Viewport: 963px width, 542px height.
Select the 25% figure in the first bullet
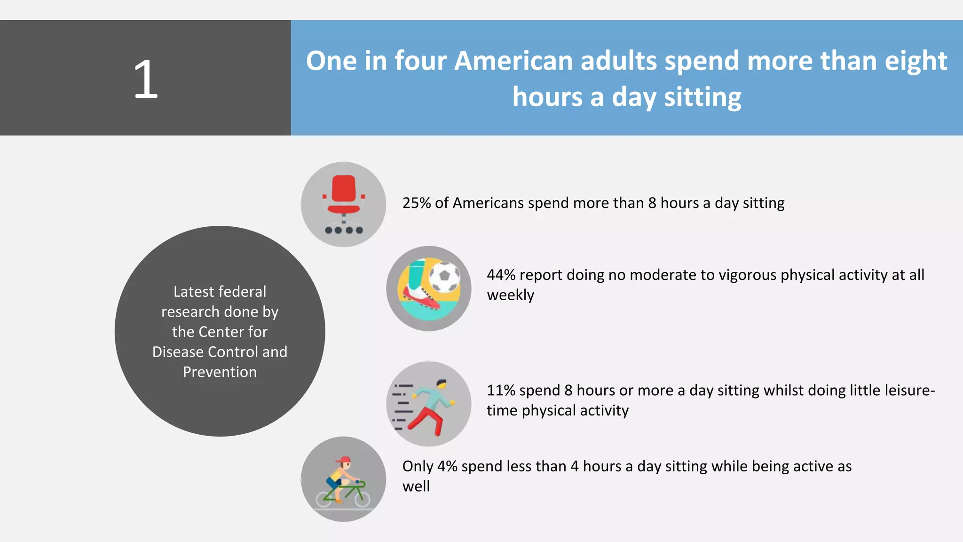tap(417, 203)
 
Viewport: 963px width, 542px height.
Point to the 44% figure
tap(501, 275)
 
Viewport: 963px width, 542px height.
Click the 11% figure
tap(501, 390)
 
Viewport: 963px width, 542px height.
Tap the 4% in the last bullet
tap(447, 466)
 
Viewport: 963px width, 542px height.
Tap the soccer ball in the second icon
tap(444, 278)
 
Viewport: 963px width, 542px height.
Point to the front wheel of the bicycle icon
tap(362, 498)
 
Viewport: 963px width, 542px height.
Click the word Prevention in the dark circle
tap(220, 372)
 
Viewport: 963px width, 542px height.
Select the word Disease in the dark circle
tap(178, 352)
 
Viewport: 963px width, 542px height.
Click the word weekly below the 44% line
tap(510, 295)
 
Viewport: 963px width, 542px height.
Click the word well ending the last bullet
tap(416, 486)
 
